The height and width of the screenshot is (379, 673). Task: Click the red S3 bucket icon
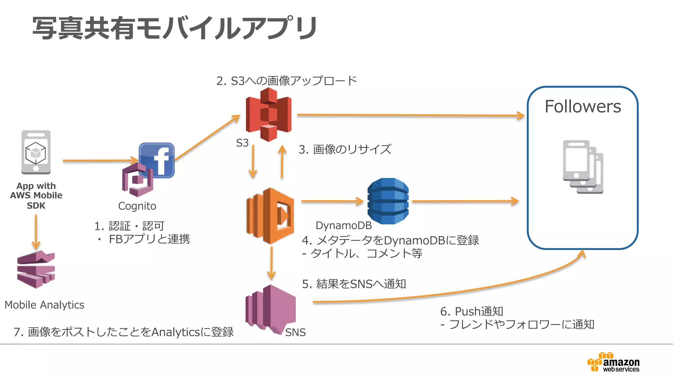click(x=268, y=115)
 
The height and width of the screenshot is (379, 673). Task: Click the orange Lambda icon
click(x=270, y=216)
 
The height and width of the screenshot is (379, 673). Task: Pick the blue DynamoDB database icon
click(x=388, y=201)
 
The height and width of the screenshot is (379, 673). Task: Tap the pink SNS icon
click(x=270, y=309)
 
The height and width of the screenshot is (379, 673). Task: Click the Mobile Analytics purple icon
click(x=36, y=269)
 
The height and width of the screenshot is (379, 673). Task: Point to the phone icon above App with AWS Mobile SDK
click(x=36, y=152)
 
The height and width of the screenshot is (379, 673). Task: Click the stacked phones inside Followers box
click(x=583, y=167)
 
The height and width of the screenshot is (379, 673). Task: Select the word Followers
click(x=583, y=107)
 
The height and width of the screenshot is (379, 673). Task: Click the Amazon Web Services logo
click(x=613, y=362)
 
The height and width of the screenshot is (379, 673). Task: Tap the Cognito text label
click(x=137, y=206)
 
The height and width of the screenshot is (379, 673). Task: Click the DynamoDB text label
click(x=343, y=226)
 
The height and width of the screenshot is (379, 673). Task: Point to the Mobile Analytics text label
click(x=44, y=305)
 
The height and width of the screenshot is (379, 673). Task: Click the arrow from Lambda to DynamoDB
click(x=332, y=201)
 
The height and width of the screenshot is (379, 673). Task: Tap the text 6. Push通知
click(x=472, y=311)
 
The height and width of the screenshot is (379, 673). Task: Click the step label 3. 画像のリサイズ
click(x=345, y=149)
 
